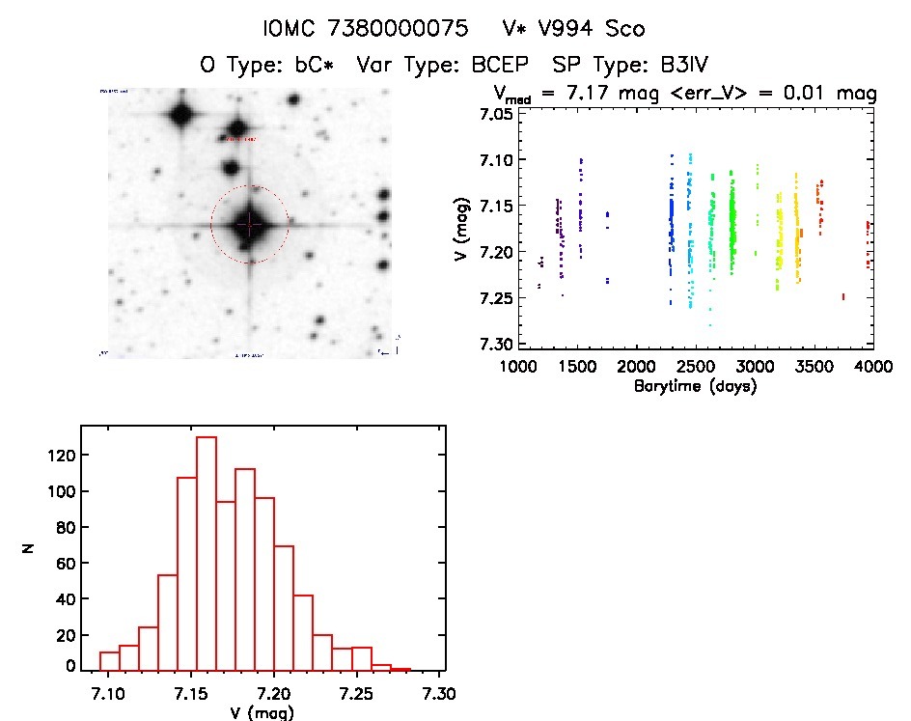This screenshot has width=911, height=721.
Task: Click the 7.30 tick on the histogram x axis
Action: click(x=440, y=693)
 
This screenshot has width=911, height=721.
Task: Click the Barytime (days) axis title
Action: click(x=694, y=386)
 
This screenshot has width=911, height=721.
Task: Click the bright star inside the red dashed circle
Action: click(x=249, y=225)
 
